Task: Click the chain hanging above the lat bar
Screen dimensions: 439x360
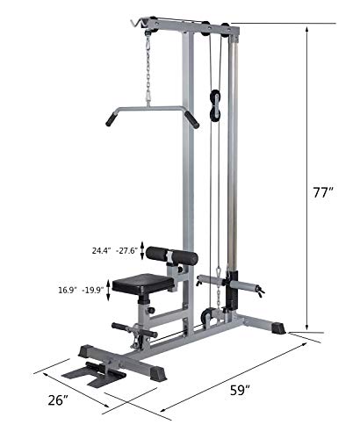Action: tap(147, 69)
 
